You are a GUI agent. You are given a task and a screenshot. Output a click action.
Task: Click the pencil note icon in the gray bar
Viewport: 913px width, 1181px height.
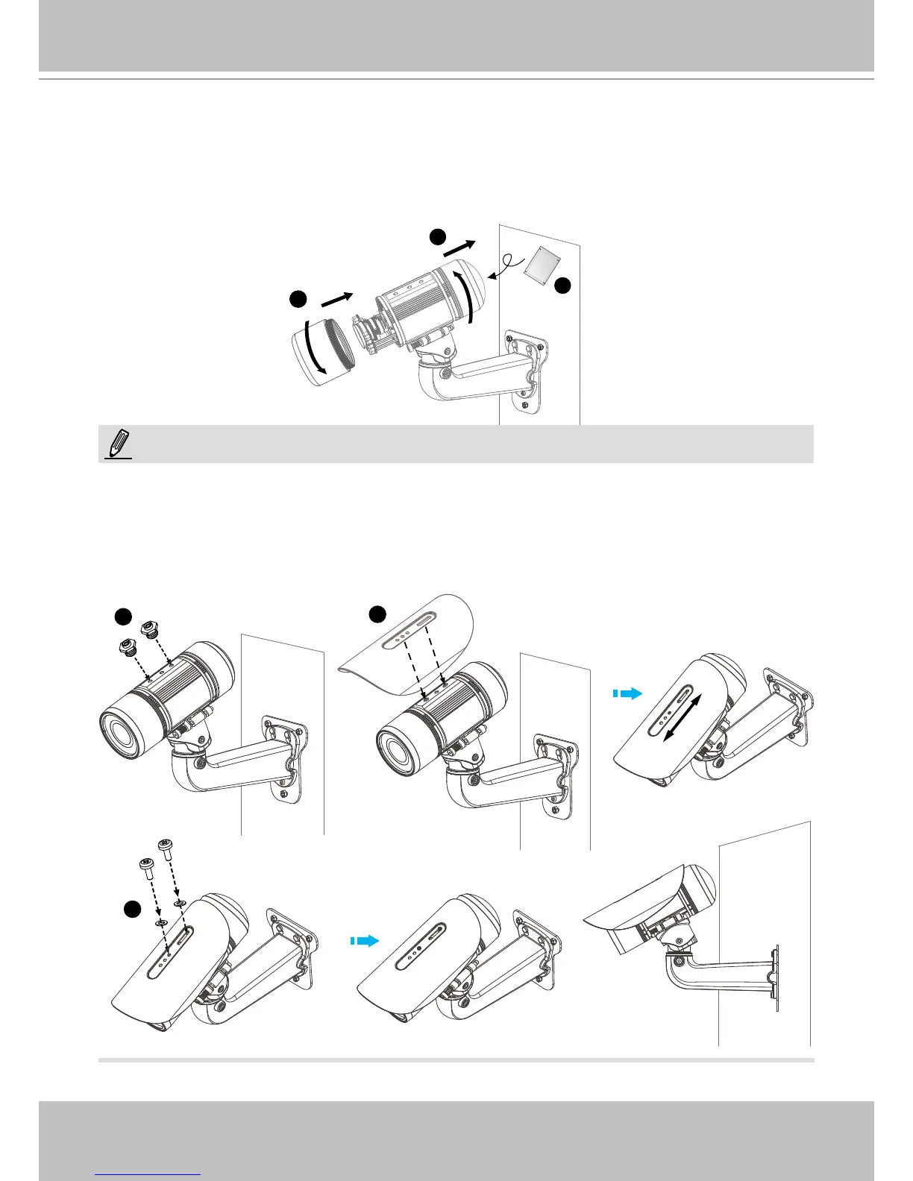[119, 444]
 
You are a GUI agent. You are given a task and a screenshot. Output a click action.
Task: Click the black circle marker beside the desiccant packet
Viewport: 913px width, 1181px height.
[562, 286]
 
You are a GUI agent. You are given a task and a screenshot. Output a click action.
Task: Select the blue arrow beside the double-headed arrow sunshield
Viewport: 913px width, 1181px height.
[628, 693]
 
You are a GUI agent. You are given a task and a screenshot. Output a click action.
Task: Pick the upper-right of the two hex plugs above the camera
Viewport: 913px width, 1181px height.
[151, 628]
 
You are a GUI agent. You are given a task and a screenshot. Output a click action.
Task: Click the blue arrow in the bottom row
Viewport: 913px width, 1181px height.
[365, 941]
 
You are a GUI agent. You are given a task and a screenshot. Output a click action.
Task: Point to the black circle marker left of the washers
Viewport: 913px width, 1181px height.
[132, 910]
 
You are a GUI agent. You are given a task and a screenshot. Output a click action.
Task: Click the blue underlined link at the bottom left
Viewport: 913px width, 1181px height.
[148, 1174]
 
